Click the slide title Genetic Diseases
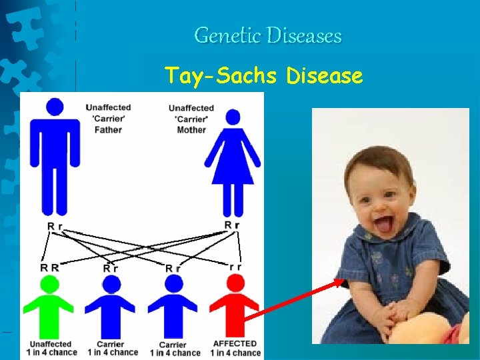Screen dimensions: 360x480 coord(267,35)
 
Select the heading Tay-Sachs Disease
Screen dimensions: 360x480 coord(264,76)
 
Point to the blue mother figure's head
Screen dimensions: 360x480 coord(233,118)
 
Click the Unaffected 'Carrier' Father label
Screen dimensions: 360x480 coord(108,119)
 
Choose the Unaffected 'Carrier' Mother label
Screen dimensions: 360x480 coord(191,119)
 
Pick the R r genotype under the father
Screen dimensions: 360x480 coord(55,227)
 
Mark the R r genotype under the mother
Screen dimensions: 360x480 coord(232,225)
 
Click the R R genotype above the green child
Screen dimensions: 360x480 coord(49,267)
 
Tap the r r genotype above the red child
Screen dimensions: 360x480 coord(235,267)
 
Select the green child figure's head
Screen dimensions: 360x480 coord(49,285)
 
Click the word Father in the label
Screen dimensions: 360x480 coord(108,130)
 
